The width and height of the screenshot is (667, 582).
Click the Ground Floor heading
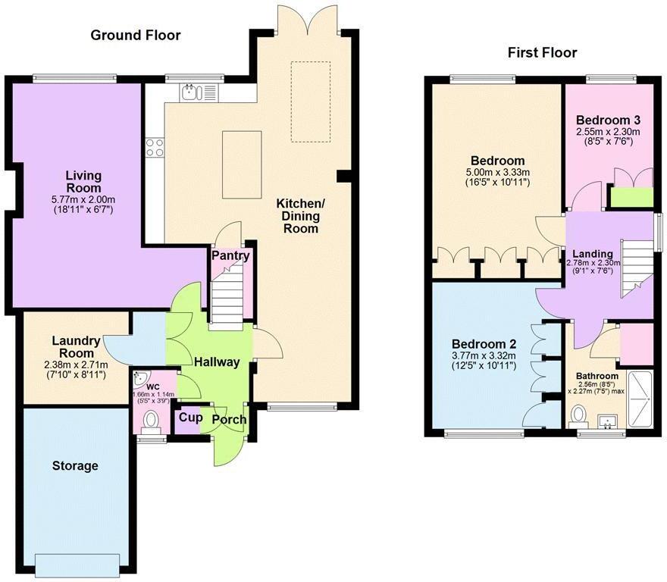[x=136, y=36]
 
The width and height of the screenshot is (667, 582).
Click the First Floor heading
[x=543, y=53]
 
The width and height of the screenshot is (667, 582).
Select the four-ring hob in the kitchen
[x=155, y=148]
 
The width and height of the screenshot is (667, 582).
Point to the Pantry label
[x=230, y=255]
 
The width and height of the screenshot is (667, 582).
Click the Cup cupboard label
[x=190, y=418]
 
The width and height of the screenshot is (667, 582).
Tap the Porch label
[x=229, y=420]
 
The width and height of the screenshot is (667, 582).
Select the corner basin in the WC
[x=139, y=380]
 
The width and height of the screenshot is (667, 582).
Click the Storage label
[x=75, y=466]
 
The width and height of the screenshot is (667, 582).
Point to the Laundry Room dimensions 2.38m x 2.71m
[x=76, y=365]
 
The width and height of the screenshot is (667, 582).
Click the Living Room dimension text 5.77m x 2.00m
[x=83, y=199]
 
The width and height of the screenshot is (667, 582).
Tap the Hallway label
[x=217, y=362]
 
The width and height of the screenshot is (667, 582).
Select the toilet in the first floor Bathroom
[x=578, y=415]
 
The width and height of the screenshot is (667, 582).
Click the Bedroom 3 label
[x=609, y=120]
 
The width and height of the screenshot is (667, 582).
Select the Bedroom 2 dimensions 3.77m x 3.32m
[x=484, y=355]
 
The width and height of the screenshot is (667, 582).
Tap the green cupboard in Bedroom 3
[x=631, y=197]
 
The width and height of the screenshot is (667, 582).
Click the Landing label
[x=593, y=254]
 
